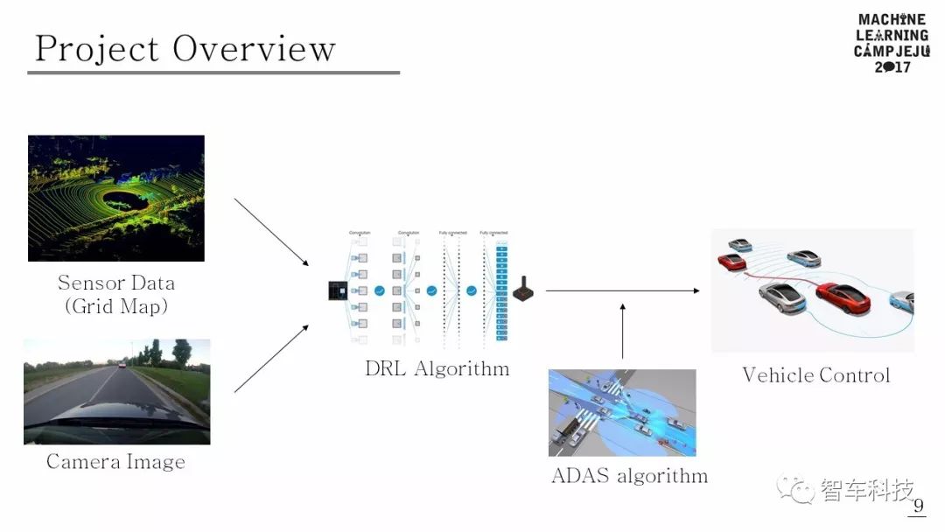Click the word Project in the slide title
point(96,49)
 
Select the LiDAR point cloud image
point(116,198)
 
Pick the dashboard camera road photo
point(116,391)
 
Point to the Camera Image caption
point(115,462)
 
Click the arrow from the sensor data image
point(271,232)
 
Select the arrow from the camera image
point(271,359)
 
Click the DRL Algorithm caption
point(437,368)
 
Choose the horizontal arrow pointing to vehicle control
point(622,290)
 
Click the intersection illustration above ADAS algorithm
point(622,412)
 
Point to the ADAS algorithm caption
point(629,476)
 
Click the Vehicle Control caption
point(815,375)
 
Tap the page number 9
point(918,506)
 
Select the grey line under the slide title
point(213,73)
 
